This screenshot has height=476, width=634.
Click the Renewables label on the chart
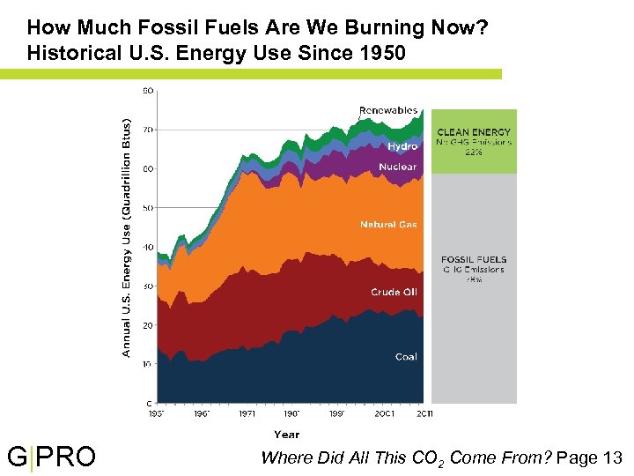tap(387, 111)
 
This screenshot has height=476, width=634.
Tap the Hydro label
tap(402, 146)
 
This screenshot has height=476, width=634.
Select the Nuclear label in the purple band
tap(397, 167)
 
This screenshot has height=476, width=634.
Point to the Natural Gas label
tap(388, 225)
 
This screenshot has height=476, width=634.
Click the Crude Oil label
tap(394, 292)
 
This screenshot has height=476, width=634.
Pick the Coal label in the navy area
tap(406, 357)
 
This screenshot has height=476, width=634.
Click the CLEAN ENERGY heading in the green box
tap(474, 132)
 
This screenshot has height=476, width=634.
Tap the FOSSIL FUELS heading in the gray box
tap(474, 260)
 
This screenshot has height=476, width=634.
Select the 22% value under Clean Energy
tap(474, 152)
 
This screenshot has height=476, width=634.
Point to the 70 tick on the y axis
tap(148, 130)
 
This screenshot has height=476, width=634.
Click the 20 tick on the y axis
tap(148, 325)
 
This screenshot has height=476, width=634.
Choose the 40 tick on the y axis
tap(148, 247)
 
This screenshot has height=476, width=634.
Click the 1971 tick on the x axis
tap(247, 413)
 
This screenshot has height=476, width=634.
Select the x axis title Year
tap(286, 435)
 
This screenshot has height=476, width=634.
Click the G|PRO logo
tap(51, 457)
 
